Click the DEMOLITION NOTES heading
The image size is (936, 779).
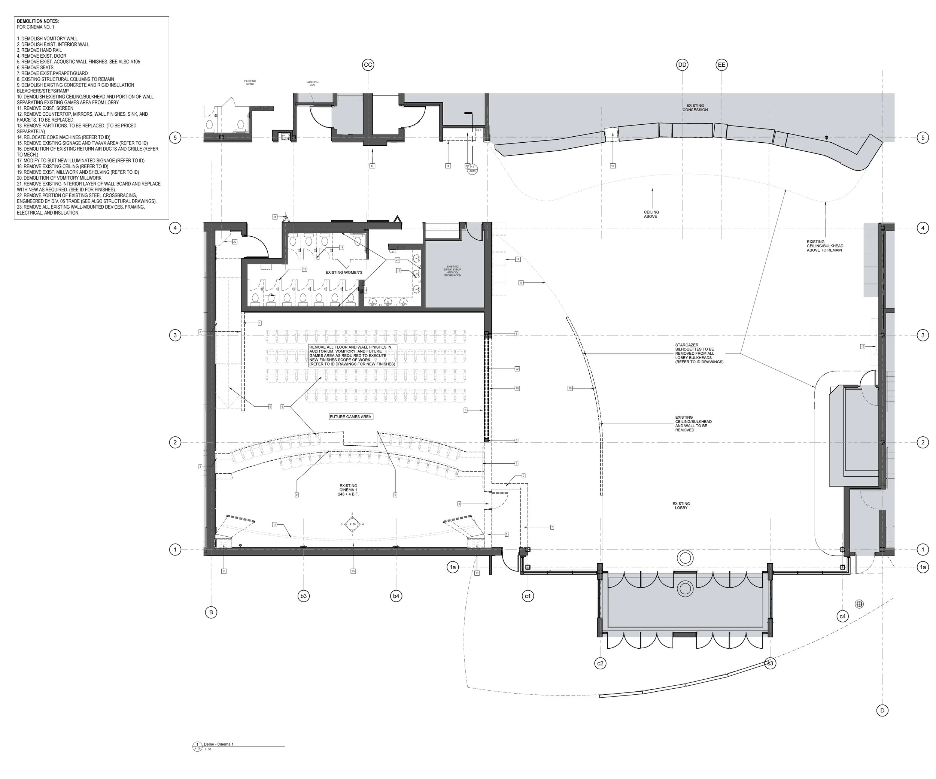click(38, 21)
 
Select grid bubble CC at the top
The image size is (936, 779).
click(368, 65)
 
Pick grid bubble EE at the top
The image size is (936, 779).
click(721, 65)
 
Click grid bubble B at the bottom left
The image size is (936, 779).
click(211, 612)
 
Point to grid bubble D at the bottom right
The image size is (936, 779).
click(882, 710)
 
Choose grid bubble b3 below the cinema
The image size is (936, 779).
click(304, 596)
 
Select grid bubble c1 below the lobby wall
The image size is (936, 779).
click(528, 596)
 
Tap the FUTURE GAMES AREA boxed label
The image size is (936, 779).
click(350, 416)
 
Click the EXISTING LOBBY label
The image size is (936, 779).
click(681, 506)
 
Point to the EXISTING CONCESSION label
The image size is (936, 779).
click(695, 107)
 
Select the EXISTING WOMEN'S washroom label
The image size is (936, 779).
click(344, 272)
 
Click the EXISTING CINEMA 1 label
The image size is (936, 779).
click(348, 489)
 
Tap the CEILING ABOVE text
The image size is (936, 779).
click(651, 214)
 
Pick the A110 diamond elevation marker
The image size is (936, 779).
click(352, 524)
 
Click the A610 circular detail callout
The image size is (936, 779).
click(472, 169)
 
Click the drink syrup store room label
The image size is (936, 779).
click(452, 271)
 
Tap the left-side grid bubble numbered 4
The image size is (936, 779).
click(175, 228)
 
